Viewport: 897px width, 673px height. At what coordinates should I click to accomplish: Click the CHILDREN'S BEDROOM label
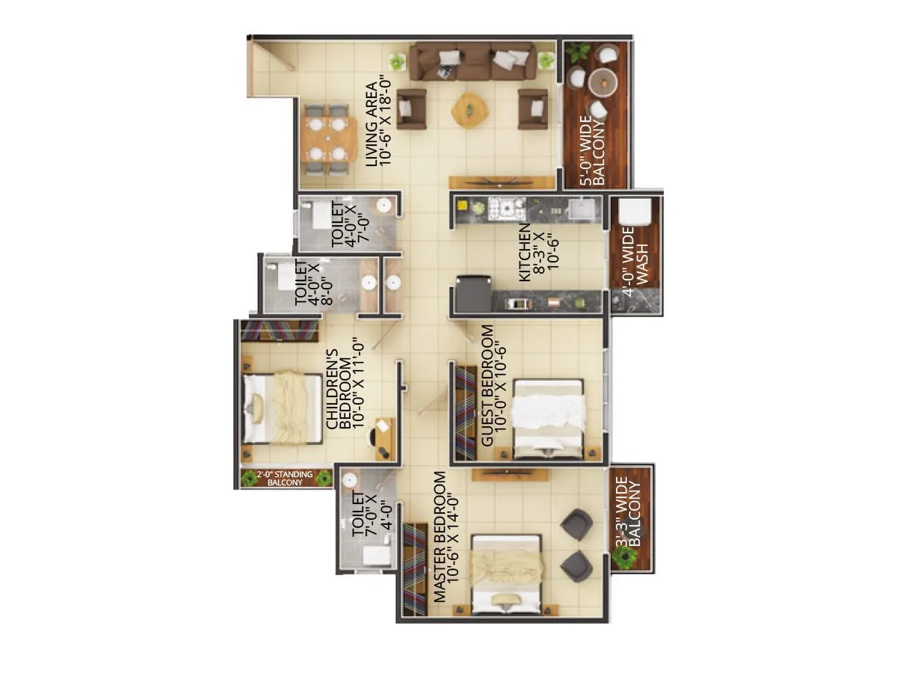click(346, 383)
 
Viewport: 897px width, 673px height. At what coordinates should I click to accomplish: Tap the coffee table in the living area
click(469, 109)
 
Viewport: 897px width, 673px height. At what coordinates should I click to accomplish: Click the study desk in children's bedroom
click(384, 437)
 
